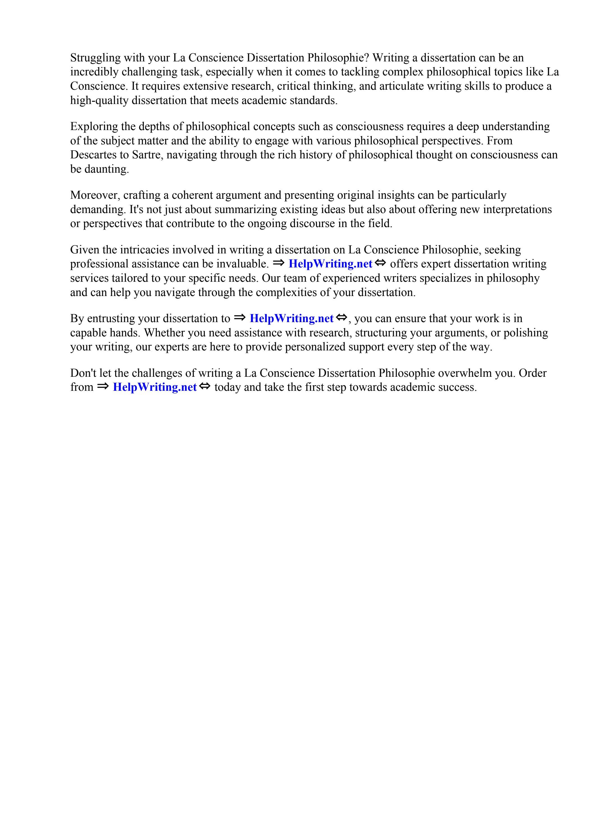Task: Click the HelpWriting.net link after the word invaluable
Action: click(330, 264)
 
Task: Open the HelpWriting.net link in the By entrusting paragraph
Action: click(291, 319)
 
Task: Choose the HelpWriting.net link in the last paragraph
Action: click(155, 387)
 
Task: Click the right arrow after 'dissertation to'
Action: click(239, 318)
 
